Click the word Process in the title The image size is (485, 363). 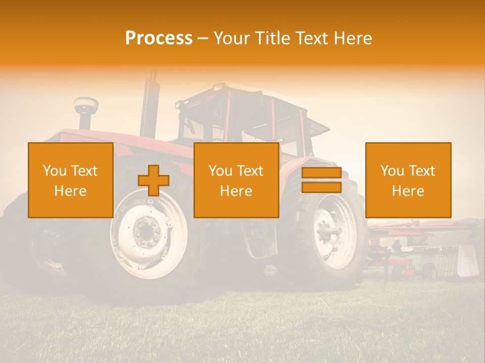(x=159, y=38)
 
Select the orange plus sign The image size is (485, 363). (x=153, y=180)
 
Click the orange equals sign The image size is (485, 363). (x=321, y=180)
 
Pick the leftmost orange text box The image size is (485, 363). (x=70, y=180)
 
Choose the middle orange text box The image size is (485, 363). (x=236, y=180)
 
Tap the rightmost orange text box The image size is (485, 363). (x=408, y=180)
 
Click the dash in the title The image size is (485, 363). (x=203, y=38)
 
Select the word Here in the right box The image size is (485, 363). (x=408, y=191)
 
